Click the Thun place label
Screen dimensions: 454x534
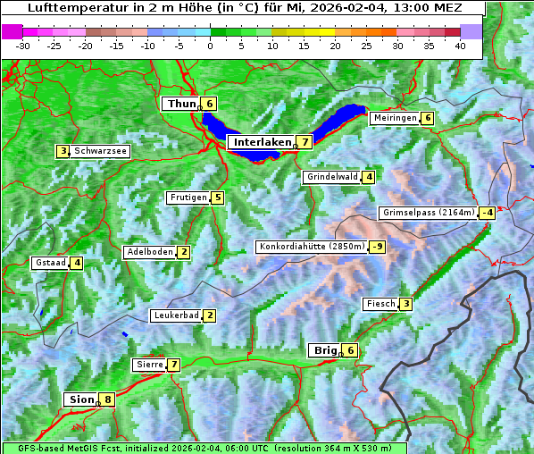tap(181, 104)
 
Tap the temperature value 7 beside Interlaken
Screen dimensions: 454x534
tap(305, 141)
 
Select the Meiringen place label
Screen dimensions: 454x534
tap(394, 118)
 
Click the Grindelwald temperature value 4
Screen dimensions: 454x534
tap(369, 177)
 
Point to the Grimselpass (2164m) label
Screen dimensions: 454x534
tap(428, 213)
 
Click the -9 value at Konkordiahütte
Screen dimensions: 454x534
tap(378, 247)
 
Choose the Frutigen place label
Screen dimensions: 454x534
tap(188, 198)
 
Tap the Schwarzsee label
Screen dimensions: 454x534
tap(101, 151)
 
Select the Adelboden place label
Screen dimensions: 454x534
tap(149, 252)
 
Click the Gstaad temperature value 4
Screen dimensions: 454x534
tap(77, 263)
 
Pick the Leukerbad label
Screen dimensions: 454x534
tap(174, 315)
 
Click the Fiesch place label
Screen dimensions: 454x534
tap(380, 304)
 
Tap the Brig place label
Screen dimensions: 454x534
tap(323, 350)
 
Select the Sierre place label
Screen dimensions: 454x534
tap(148, 365)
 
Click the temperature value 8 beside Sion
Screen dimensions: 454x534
tap(108, 399)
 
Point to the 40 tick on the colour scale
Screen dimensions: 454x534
tap(460, 46)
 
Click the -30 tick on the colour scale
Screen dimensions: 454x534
tap(23, 46)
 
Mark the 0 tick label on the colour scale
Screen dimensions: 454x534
tap(210, 46)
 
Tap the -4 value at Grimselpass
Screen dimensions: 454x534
tap(487, 213)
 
